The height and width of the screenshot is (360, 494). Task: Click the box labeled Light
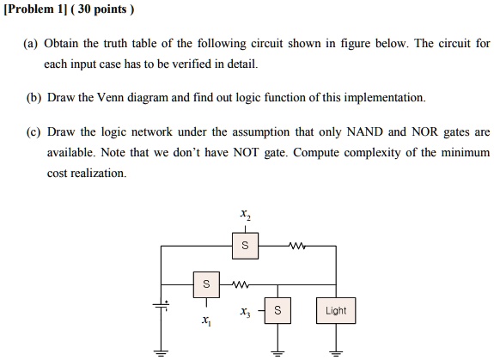[x=336, y=310]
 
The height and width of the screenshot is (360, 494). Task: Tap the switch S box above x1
[x=204, y=283]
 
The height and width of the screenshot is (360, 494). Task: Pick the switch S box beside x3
[x=277, y=310]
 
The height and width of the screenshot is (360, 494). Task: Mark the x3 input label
[x=246, y=311]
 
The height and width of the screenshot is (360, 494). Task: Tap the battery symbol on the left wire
[x=161, y=304]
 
